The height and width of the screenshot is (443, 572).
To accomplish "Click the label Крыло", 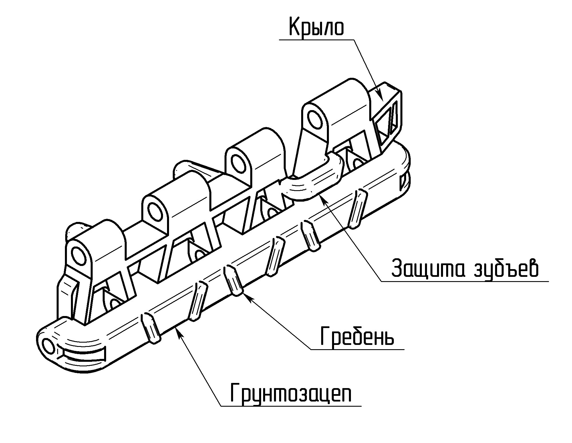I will click(x=316, y=27).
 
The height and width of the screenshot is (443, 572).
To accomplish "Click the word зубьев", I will click(x=506, y=269).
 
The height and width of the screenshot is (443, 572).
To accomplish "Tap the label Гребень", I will click(x=357, y=336).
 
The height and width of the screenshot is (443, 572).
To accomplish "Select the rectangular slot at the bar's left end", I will click(x=83, y=355).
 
